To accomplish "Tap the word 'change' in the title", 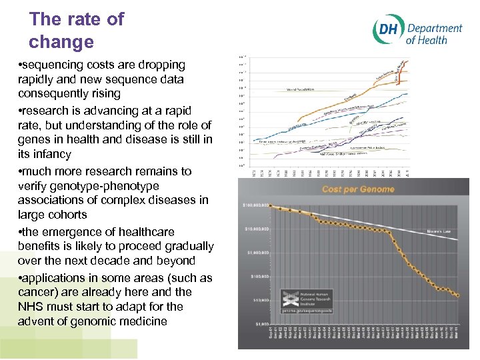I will (61, 42).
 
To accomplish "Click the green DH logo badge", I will (387, 31).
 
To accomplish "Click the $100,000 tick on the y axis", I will (259, 276).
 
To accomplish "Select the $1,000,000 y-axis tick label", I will (257, 253).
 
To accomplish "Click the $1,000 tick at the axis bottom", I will (261, 324).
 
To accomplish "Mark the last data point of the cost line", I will (458, 295).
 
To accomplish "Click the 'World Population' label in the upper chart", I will (301, 89).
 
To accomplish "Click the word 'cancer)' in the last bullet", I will (39, 292).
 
